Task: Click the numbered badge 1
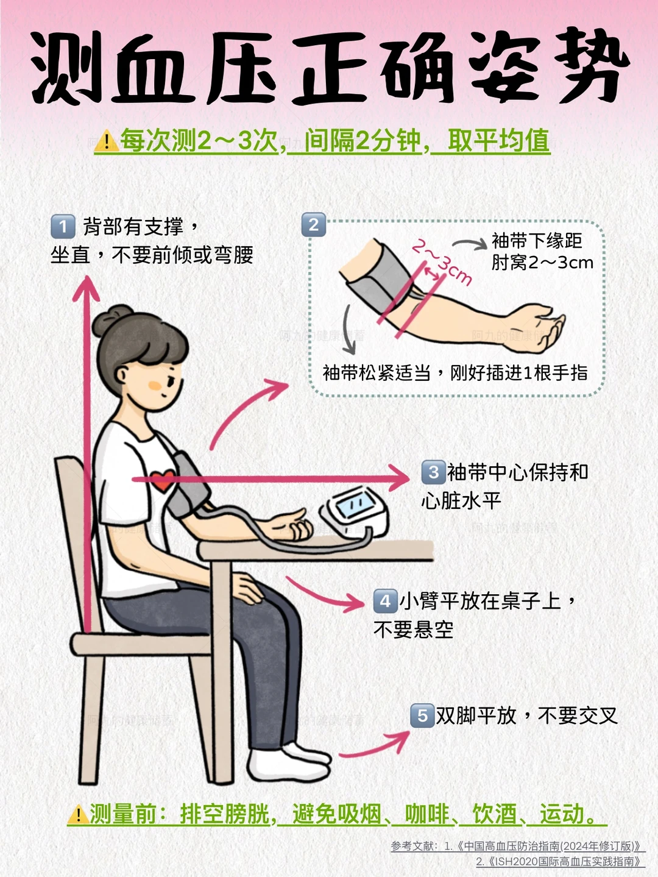(x=63, y=227)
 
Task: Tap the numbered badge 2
(x=314, y=225)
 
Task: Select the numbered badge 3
(x=433, y=472)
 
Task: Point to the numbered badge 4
(x=385, y=602)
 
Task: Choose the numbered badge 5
(x=422, y=715)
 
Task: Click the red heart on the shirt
(x=162, y=480)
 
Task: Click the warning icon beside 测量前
(x=78, y=815)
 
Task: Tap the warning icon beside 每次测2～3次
(x=107, y=141)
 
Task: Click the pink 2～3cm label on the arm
(x=442, y=262)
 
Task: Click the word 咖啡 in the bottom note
(x=426, y=814)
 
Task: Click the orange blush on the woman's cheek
(x=155, y=385)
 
